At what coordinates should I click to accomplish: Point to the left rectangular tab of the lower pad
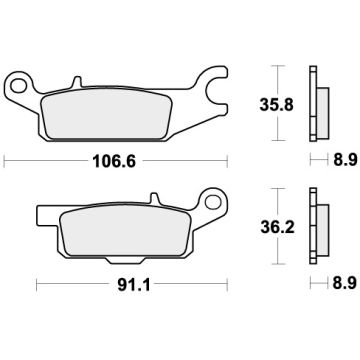click(x=45, y=214)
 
